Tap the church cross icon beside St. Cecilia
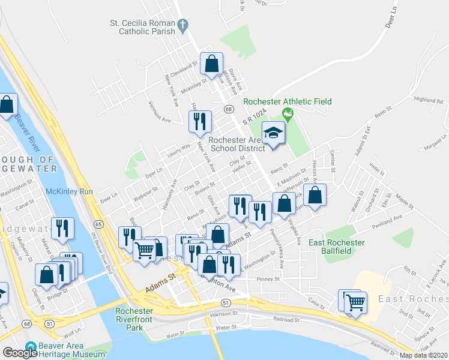[185, 25]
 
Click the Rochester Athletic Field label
[288, 101]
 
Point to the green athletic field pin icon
[288, 113]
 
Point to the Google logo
[20, 353]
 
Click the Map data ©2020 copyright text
[423, 355]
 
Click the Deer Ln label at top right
[393, 26]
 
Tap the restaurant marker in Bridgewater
[62, 229]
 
